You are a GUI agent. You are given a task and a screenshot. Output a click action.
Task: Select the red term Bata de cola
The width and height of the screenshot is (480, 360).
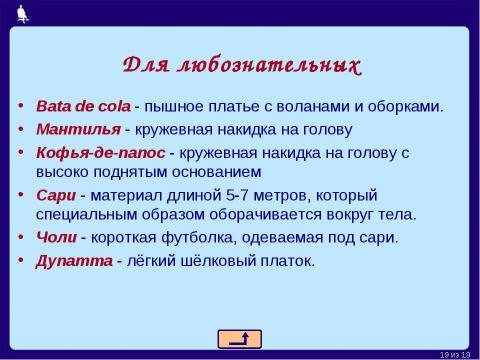(x=83, y=106)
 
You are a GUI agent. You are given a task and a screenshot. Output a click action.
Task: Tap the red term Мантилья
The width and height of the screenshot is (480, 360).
(x=78, y=129)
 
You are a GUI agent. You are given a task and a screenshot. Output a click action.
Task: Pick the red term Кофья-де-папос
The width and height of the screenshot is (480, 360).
(x=100, y=152)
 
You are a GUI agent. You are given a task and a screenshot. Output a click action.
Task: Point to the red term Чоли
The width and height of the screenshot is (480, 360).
(x=56, y=237)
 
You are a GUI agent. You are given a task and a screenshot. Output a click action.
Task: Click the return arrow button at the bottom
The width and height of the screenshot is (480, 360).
(x=239, y=338)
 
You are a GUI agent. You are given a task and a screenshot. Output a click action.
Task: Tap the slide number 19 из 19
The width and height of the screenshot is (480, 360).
(x=460, y=353)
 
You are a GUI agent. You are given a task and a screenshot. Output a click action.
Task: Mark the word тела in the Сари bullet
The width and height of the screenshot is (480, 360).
(x=394, y=214)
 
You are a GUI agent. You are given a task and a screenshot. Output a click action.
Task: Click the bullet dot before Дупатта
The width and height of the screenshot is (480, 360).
(x=23, y=261)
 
